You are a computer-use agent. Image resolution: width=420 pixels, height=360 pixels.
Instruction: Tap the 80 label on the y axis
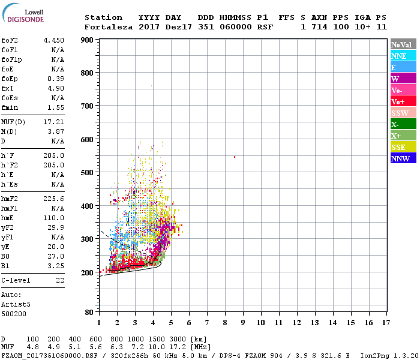(88, 313)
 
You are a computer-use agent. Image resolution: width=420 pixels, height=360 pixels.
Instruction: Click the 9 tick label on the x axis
(243, 322)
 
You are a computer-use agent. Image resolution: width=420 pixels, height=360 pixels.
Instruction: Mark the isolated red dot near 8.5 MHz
(234, 157)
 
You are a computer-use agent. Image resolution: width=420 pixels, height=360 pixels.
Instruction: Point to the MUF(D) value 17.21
(53, 121)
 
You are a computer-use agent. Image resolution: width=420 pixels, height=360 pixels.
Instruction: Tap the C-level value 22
(59, 280)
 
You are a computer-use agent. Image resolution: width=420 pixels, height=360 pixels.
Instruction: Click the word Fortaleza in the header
(109, 27)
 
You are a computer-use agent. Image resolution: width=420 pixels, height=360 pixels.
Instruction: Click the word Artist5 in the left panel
(16, 304)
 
